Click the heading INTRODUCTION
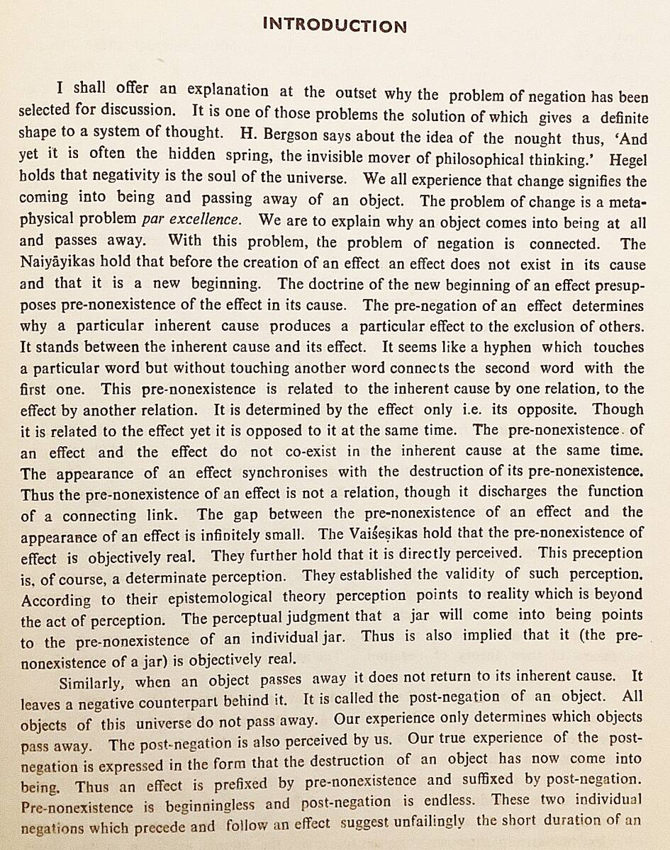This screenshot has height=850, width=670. [x=335, y=26]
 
